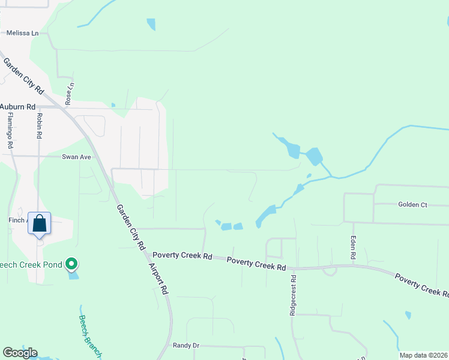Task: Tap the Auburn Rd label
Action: [x=14, y=107]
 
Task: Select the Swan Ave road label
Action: [x=76, y=157]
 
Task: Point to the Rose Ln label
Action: [x=69, y=95]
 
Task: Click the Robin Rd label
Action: [x=39, y=126]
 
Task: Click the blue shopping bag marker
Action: [x=39, y=224]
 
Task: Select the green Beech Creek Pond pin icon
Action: [x=71, y=263]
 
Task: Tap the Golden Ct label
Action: [x=412, y=205]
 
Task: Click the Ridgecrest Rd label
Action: [x=294, y=296]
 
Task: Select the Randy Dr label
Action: [x=185, y=345]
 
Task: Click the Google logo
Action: [x=20, y=353]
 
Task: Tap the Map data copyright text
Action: [x=423, y=355]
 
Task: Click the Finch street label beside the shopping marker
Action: [x=17, y=220]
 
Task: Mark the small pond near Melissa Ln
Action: [x=151, y=25]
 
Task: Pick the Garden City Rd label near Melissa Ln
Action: [x=24, y=76]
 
